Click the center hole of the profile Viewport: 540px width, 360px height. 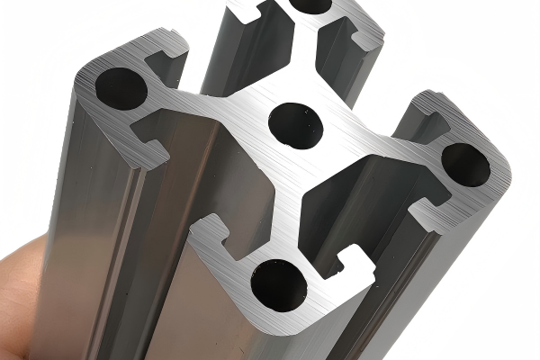click(295, 124)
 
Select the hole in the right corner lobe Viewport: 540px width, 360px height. click(465, 164)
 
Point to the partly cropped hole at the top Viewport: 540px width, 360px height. click(310, 5)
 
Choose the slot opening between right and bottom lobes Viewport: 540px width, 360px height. click(396, 225)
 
